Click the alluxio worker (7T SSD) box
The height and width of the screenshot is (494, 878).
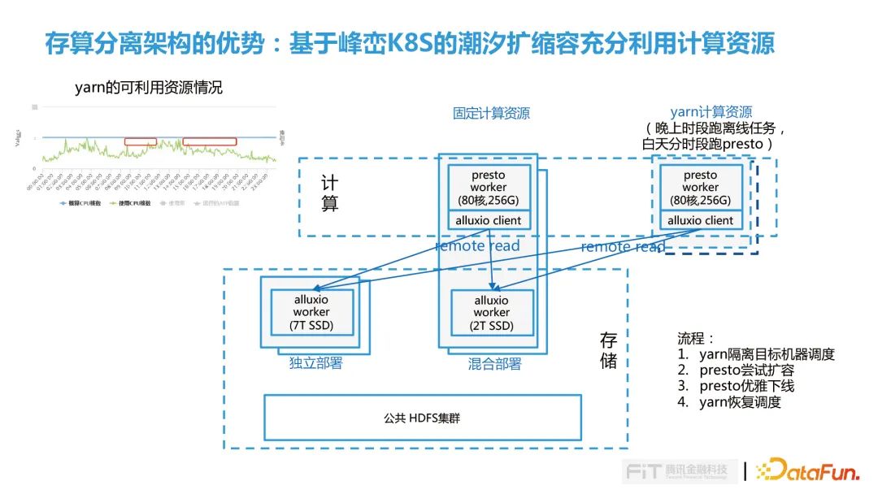(x=311, y=313)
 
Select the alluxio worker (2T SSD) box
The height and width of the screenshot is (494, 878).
(x=492, y=313)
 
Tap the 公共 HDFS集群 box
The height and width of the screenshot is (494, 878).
(x=423, y=418)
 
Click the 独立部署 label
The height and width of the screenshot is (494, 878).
(x=315, y=363)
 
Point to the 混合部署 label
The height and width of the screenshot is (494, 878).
(x=494, y=364)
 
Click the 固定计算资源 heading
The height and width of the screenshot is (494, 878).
(x=491, y=114)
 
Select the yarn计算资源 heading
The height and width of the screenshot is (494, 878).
(x=711, y=112)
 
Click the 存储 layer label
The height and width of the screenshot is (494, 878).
(x=609, y=350)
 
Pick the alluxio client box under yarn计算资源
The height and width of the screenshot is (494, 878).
(x=700, y=220)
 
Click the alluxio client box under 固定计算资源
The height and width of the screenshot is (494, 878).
(x=489, y=220)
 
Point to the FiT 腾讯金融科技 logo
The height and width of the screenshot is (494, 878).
(x=680, y=471)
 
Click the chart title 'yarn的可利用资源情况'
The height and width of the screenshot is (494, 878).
(x=148, y=88)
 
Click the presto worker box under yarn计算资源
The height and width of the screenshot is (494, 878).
(x=700, y=188)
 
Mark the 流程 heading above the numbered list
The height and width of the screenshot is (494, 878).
(x=696, y=338)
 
